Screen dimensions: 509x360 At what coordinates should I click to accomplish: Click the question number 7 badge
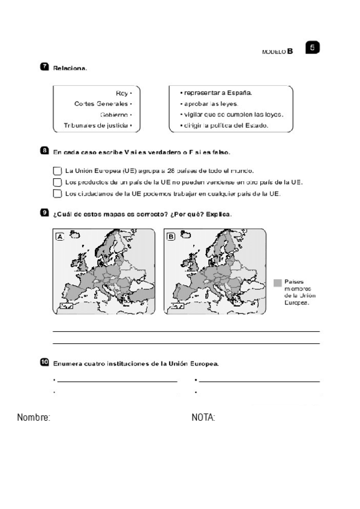[44, 67]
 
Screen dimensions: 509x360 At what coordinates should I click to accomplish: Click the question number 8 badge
[44, 151]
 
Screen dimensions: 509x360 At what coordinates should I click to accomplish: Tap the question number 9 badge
[44, 212]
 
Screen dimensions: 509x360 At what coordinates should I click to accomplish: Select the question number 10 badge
[45, 361]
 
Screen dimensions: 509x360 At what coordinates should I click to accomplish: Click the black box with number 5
[312, 47]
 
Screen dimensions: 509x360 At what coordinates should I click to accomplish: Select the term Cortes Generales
[100, 104]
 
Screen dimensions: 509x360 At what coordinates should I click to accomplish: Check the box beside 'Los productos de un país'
[57, 182]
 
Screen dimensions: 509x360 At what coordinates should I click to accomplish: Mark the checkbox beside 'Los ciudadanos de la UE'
[57, 193]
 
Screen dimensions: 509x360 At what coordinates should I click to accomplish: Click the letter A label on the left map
[60, 237]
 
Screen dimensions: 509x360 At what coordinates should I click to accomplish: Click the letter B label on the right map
[172, 237]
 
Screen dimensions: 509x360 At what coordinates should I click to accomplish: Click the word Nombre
[34, 417]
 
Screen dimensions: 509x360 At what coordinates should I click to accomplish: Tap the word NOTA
[203, 417]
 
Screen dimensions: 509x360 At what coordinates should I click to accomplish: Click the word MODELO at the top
[274, 52]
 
